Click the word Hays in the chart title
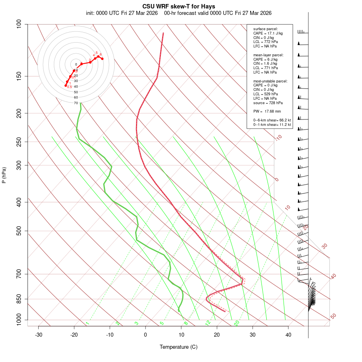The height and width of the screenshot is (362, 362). point(208,6)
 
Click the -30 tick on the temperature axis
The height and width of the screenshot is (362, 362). point(39,335)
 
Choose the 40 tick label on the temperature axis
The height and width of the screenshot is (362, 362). point(288,335)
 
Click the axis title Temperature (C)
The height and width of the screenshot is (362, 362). point(179,347)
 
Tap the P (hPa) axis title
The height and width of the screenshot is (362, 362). point(4,175)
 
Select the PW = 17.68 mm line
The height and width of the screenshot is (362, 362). point(267,111)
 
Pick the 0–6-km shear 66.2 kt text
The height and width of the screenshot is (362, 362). point(272,120)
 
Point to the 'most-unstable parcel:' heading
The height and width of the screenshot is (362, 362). point(270,81)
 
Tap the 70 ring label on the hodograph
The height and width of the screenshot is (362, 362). point(76,103)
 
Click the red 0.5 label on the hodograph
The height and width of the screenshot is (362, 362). point(69,87)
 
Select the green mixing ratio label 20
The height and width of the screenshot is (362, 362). point(237,323)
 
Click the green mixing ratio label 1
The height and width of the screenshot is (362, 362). point(87,323)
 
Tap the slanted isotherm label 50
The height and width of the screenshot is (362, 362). point(333,317)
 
